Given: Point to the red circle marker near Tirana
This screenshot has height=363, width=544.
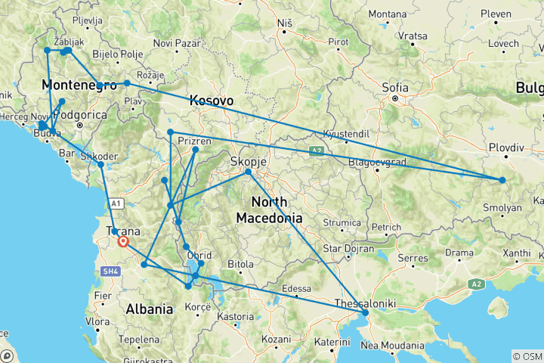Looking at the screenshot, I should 123,243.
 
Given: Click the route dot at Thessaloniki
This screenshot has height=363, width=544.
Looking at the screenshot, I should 366,312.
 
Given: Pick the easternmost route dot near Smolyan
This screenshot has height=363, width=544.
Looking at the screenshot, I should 502,180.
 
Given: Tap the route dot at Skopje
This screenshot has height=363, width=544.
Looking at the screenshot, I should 248,172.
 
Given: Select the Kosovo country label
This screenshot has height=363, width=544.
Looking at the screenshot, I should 211,101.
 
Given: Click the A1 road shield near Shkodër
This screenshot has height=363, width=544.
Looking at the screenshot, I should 116,203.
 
